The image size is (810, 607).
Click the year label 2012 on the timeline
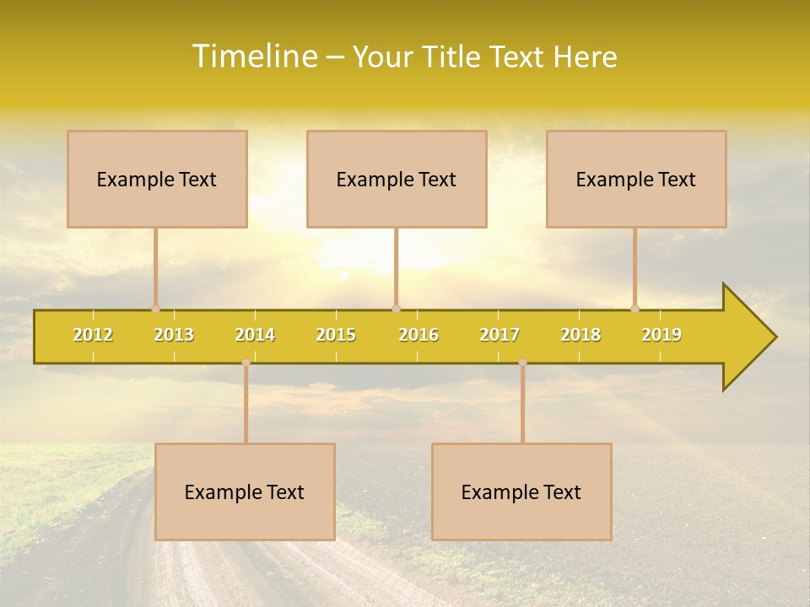(x=93, y=335)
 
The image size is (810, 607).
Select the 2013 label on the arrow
(x=174, y=335)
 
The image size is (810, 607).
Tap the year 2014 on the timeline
(x=255, y=335)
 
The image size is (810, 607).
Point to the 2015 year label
(x=336, y=335)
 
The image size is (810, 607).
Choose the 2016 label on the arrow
(x=418, y=335)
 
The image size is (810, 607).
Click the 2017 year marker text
(x=499, y=335)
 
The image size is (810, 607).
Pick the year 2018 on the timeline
(x=580, y=335)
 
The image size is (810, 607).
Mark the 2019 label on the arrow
(x=661, y=335)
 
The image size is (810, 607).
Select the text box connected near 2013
(x=157, y=179)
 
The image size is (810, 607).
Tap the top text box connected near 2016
(x=397, y=179)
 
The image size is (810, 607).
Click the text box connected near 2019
(x=636, y=179)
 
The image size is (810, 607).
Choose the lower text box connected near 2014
(x=245, y=492)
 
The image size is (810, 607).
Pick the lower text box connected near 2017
(x=521, y=492)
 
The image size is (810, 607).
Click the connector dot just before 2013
(x=155, y=309)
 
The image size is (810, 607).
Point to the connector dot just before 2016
(x=396, y=309)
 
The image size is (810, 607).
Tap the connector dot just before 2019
(x=634, y=309)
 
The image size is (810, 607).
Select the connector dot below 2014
(x=246, y=362)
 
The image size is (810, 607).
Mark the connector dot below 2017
(x=522, y=362)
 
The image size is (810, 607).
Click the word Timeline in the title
(x=253, y=56)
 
